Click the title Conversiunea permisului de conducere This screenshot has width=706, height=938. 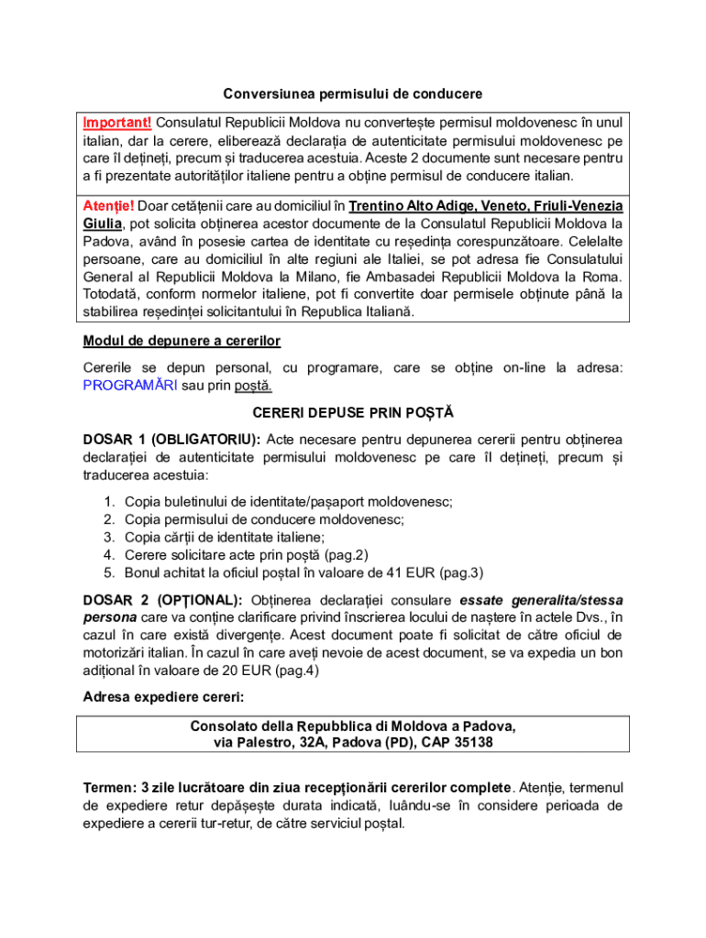click(353, 94)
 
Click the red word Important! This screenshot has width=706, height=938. click(117, 123)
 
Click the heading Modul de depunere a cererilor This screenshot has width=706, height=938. click(182, 342)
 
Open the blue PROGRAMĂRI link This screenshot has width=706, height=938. click(130, 386)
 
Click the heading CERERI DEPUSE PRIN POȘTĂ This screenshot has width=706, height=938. click(353, 413)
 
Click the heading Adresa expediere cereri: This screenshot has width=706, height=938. click(157, 697)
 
